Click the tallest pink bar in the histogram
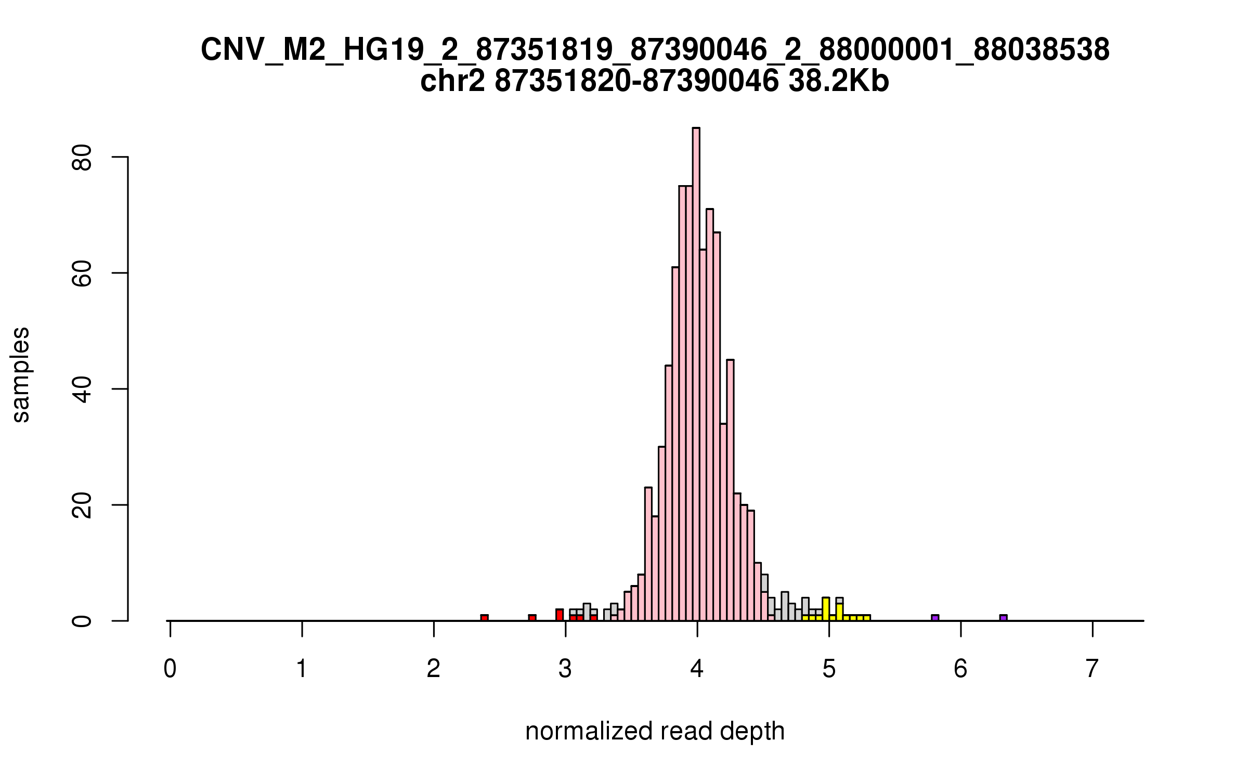[696, 374]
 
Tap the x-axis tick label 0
[170, 669]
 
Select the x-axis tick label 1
[302, 669]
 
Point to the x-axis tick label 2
[434, 669]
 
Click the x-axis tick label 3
[565, 669]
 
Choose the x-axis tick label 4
[697, 669]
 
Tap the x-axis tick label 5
[829, 669]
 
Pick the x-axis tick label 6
[960, 669]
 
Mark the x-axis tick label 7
[1093, 669]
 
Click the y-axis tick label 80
[82, 157]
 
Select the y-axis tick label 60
[82, 273]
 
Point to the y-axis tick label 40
[82, 389]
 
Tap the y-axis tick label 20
[82, 505]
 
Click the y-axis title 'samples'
[21, 374]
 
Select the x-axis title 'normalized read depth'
[655, 731]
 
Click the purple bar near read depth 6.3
[1003, 618]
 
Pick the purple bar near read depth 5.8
[935, 618]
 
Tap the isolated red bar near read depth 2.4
[484, 618]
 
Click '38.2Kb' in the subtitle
[838, 82]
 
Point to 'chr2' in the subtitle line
[452, 82]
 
